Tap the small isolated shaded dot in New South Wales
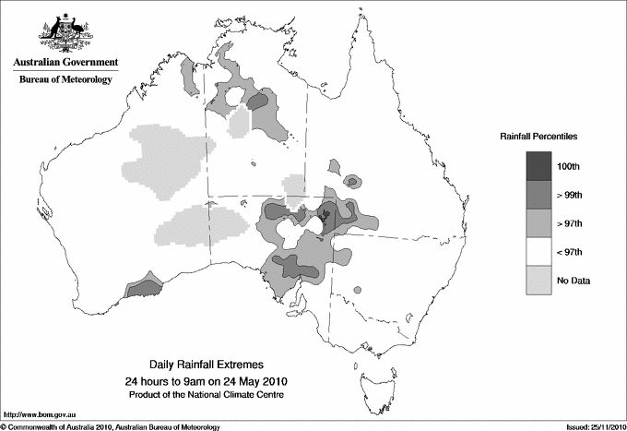pyautogui.click(x=356, y=290)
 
